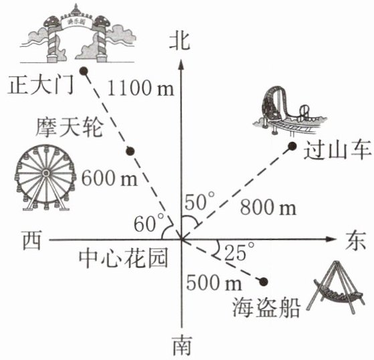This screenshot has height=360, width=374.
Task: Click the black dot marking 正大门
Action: click(84, 71)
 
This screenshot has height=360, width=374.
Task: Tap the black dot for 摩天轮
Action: click(130, 151)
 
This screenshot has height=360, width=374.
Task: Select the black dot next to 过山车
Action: click(292, 146)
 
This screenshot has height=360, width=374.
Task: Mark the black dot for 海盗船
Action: click(264, 282)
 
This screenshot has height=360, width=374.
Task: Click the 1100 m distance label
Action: click(141, 88)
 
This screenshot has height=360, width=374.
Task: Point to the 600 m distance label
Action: click(110, 178)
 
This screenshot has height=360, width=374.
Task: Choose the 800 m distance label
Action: click(268, 207)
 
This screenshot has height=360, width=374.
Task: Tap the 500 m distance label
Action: click(214, 282)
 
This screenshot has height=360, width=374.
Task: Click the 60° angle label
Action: click(149, 223)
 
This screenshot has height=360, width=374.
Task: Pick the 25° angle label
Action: click(240, 252)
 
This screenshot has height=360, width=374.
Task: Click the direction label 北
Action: click(180, 41)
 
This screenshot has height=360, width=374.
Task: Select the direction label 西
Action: click(32, 240)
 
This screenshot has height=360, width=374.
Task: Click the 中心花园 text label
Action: click(123, 258)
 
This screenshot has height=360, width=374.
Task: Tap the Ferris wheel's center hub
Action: click(45, 173)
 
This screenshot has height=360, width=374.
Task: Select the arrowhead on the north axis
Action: click(181, 64)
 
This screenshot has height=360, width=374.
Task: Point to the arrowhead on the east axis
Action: click(331, 240)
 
